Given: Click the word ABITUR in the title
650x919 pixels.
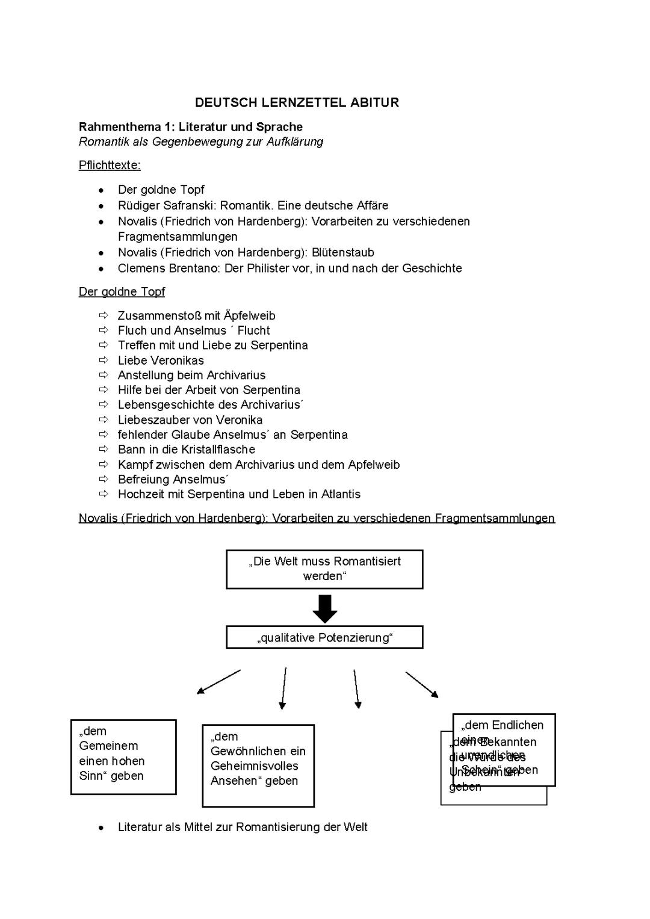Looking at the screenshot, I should [x=374, y=102].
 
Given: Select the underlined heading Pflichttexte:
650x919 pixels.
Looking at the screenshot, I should [x=110, y=165].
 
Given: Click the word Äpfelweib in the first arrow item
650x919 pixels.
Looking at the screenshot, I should [x=249, y=315].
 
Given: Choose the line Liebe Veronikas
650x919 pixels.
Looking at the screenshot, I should [x=161, y=360].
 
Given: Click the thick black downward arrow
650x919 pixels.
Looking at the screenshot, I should [x=325, y=608].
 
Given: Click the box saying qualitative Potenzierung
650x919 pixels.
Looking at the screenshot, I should [x=324, y=637].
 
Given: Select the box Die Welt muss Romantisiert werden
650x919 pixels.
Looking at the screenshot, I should [x=324, y=569].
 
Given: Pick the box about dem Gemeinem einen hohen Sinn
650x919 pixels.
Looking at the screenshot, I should [x=123, y=757].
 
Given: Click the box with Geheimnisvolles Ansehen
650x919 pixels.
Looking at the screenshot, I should [x=258, y=765].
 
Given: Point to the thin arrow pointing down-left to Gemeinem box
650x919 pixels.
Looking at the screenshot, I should [x=218, y=682].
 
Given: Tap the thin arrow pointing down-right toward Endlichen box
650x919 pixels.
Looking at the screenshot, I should [x=422, y=684].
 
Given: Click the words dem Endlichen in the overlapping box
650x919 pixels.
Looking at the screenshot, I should [x=503, y=725].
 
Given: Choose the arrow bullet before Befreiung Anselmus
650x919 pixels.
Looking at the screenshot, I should [x=104, y=479].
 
